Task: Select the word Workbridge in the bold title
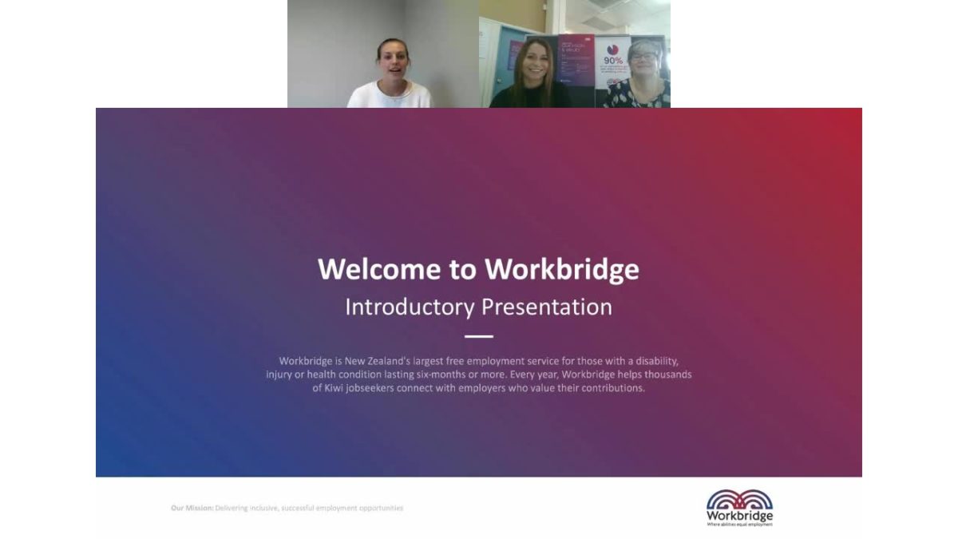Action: [562, 269]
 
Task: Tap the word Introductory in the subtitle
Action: [408, 307]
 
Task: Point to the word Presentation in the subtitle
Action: [546, 307]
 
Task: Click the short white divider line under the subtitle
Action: [479, 337]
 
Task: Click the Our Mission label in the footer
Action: [192, 508]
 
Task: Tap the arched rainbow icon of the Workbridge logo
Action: [739, 500]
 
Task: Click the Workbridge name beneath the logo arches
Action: [739, 517]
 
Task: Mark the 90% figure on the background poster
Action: [613, 60]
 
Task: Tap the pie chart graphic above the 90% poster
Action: [616, 46]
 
